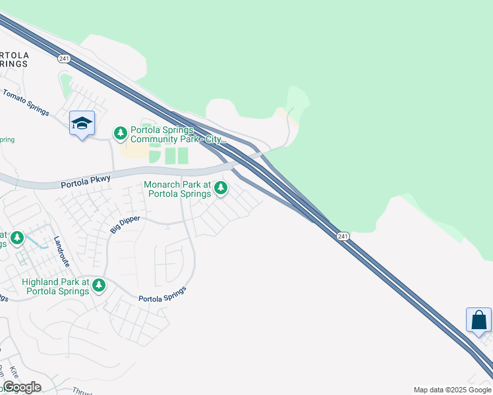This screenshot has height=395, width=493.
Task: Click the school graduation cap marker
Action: click(x=82, y=123)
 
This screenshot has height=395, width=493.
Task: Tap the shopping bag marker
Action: click(x=478, y=321)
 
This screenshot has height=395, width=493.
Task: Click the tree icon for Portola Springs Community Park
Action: click(x=120, y=134)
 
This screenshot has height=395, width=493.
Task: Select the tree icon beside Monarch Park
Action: click(x=221, y=189)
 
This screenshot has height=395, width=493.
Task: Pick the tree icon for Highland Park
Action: click(x=98, y=285)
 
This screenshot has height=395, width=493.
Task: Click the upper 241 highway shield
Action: click(x=64, y=59)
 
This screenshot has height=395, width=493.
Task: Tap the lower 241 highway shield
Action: click(x=342, y=236)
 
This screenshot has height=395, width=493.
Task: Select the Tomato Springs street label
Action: click(x=26, y=103)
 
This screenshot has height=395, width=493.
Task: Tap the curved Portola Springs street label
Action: click(x=163, y=294)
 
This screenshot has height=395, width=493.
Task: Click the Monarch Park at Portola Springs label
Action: click(x=178, y=190)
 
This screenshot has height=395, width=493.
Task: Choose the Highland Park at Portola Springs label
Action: click(x=56, y=286)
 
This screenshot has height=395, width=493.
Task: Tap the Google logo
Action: click(x=22, y=387)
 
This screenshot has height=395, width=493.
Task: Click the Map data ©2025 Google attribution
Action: click(x=452, y=390)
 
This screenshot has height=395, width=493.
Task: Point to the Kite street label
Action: click(x=15, y=373)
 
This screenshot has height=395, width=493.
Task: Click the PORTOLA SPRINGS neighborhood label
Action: click(x=14, y=59)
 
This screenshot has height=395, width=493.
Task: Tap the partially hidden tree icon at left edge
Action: click(x=17, y=238)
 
